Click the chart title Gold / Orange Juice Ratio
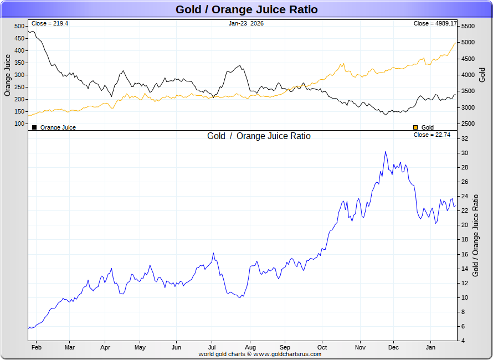click(247, 9)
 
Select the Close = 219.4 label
click(50, 24)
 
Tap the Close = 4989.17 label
click(435, 24)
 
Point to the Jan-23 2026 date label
click(246, 24)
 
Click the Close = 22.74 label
click(435, 135)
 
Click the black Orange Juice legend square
click(34, 127)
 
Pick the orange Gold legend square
click(415, 127)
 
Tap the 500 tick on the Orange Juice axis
click(19, 26)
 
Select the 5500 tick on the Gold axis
click(468, 26)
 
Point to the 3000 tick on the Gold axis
click(468, 107)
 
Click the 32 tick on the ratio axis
click(465, 138)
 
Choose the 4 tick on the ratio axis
click(463, 341)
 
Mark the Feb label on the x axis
click(37, 348)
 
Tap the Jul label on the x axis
click(211, 348)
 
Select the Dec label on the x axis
click(394, 348)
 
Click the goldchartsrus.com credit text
click(260, 354)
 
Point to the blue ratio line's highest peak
click(386, 152)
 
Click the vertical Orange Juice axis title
click(8, 75)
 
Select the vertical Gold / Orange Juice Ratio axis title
click(476, 238)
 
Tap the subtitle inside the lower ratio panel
click(259, 136)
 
